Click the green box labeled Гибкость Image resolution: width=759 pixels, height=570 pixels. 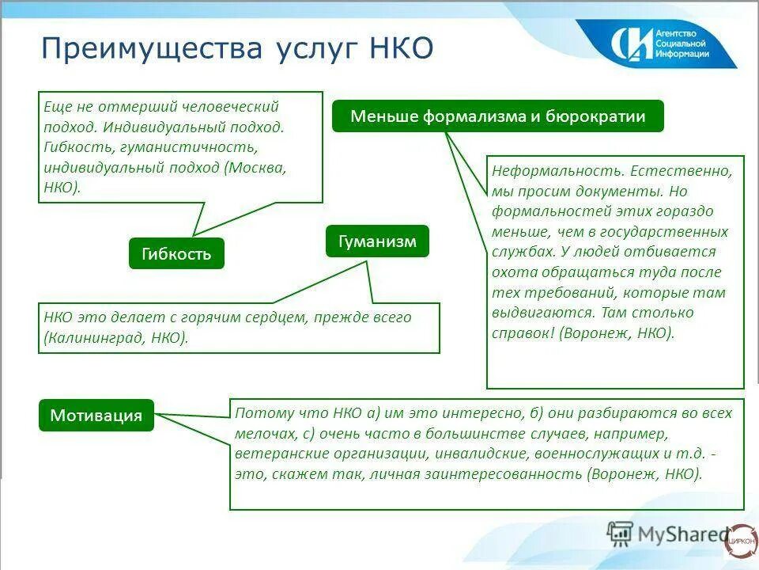click(176, 253)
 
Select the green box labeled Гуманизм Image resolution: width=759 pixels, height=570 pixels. click(377, 241)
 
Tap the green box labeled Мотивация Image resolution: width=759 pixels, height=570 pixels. click(96, 415)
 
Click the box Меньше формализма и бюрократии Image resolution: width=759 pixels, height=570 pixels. click(498, 116)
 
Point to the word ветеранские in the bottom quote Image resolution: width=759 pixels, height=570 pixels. click(274, 454)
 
